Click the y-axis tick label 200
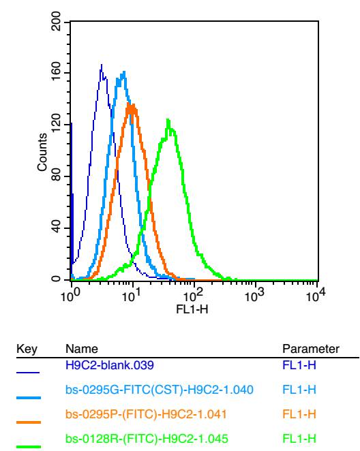pyautogui.click(x=55, y=21)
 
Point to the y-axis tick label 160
pyautogui.click(x=55, y=72)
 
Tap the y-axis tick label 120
pyautogui.click(x=55, y=124)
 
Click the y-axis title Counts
pyautogui.click(x=42, y=153)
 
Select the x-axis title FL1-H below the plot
pyautogui.click(x=192, y=310)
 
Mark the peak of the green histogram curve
pyautogui.click(x=168, y=119)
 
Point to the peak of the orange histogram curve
pyautogui.click(x=129, y=104)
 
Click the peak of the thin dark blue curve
pyautogui.click(x=102, y=65)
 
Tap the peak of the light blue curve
pyautogui.click(x=124, y=72)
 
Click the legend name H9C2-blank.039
pyautogui.click(x=110, y=365)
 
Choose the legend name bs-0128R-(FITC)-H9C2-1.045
pyautogui.click(x=147, y=439)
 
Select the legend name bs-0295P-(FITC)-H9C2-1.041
pyautogui.click(x=146, y=414)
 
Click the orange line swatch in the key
pyautogui.click(x=29, y=422)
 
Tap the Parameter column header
pyautogui.click(x=311, y=349)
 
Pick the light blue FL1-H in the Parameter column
pyautogui.click(x=299, y=390)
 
